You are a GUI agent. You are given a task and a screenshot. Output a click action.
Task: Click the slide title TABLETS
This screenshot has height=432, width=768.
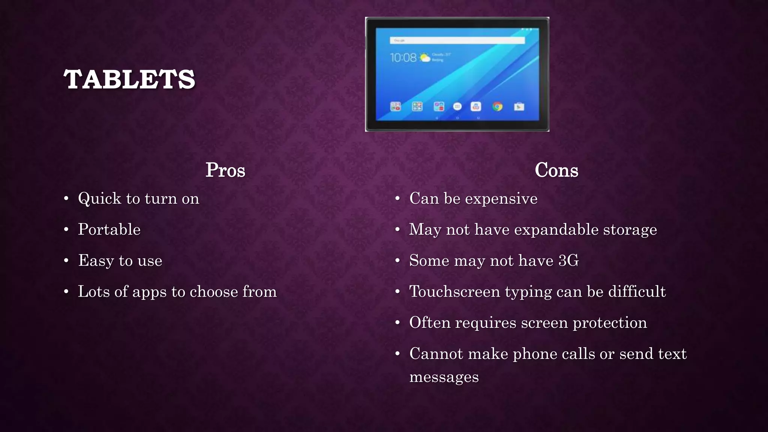(129, 79)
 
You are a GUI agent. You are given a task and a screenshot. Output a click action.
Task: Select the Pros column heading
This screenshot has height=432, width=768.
(225, 170)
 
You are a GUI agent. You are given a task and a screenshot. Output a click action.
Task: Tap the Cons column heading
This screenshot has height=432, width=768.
(556, 170)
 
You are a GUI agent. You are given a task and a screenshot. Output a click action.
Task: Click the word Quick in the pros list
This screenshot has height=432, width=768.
(99, 198)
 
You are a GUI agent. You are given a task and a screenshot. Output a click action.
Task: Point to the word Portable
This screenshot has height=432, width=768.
(109, 229)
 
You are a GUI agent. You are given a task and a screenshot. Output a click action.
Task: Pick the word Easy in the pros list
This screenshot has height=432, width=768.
(96, 261)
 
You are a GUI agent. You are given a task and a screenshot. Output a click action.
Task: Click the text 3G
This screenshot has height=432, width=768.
(568, 261)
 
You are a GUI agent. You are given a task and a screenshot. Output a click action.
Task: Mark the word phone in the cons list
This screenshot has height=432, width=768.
(534, 354)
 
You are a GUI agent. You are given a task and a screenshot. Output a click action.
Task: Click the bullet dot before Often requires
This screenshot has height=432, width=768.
(398, 323)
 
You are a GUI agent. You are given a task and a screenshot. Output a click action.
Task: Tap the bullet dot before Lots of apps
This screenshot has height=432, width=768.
(66, 292)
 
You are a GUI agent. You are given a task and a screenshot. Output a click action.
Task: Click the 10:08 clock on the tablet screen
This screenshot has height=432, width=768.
(403, 58)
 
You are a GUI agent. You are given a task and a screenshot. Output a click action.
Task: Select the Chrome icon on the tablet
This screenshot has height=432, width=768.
(497, 107)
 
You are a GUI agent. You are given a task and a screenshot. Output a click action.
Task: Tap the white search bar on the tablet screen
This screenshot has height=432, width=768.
(457, 40)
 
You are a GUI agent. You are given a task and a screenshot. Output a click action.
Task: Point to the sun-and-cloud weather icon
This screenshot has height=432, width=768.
(424, 58)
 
